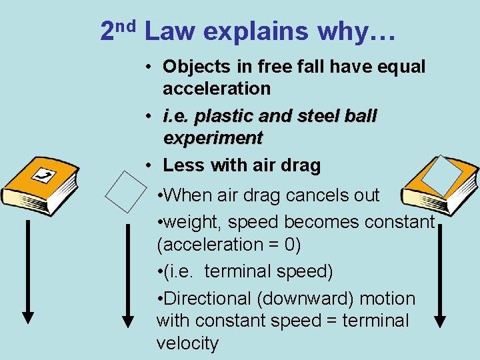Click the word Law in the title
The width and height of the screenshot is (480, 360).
(x=170, y=31)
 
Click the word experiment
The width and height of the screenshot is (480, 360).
(x=213, y=138)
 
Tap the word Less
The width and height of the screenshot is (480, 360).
(x=183, y=165)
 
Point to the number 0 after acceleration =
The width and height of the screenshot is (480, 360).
(x=291, y=245)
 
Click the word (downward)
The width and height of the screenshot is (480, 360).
(x=311, y=299)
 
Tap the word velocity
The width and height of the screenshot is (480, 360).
(x=187, y=343)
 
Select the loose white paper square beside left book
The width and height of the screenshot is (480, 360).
(x=126, y=191)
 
